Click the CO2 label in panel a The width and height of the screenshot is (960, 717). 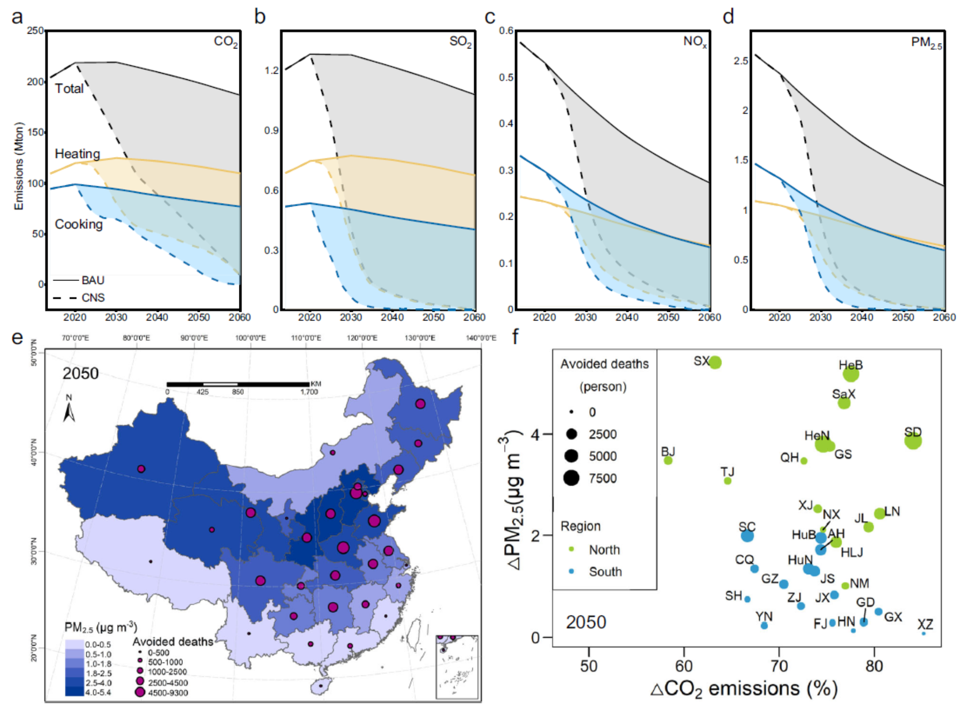226,42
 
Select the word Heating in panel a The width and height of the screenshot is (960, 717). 77,154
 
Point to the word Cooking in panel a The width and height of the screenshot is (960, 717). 78,224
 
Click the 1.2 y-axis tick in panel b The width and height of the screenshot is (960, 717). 272,70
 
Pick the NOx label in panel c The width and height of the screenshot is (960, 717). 695,42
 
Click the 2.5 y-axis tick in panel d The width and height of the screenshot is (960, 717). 741,61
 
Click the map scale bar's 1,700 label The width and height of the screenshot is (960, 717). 309,392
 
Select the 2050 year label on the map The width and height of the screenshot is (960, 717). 80,374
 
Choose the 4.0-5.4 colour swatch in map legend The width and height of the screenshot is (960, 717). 74,692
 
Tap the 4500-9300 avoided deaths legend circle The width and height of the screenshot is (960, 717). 140,692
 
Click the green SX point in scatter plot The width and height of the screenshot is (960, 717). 715,363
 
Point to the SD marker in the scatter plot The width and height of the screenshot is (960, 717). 913,441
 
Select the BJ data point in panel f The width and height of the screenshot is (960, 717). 668,460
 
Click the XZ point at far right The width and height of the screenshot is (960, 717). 923,633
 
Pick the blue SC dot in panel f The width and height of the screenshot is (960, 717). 747,536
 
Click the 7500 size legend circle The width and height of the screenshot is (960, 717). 571,478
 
